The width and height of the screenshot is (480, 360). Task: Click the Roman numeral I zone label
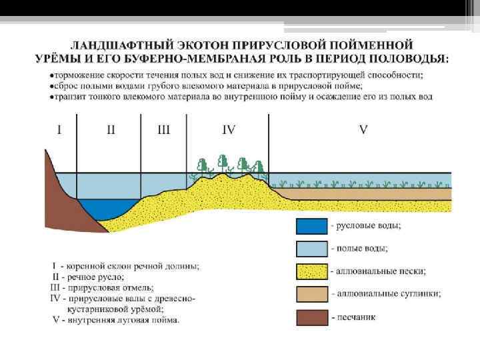(x=59, y=130)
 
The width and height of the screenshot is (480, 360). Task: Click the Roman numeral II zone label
(x=111, y=130)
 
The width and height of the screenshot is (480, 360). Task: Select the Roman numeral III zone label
(x=163, y=130)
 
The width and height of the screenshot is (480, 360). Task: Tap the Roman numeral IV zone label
(x=228, y=130)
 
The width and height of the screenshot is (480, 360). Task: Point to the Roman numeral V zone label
(x=363, y=130)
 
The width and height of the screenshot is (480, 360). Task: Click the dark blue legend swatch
(x=312, y=227)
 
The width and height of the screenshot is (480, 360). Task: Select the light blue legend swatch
(x=312, y=249)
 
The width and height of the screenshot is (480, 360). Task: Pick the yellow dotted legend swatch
(x=312, y=271)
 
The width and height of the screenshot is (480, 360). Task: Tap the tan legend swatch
(x=312, y=294)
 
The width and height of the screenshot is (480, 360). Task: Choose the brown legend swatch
(x=312, y=317)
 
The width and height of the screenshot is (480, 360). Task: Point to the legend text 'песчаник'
(x=357, y=317)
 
